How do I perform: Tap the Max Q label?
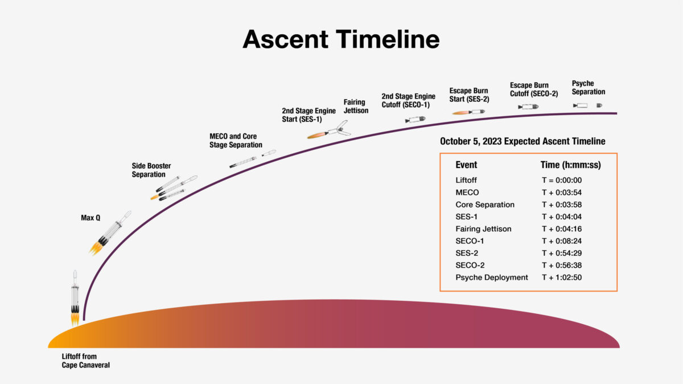pyautogui.click(x=91, y=217)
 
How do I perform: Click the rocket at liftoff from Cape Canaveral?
pyautogui.click(x=75, y=298)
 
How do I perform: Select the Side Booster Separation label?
pyautogui.click(x=151, y=170)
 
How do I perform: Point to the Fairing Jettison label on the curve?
pyautogui.click(x=356, y=107)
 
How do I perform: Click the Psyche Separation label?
pyautogui.click(x=588, y=88)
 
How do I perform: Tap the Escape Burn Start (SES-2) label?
pyautogui.click(x=469, y=95)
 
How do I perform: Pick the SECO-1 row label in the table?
pyautogui.click(x=470, y=241)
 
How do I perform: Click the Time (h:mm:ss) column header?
pyautogui.click(x=570, y=165)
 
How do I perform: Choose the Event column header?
pyautogui.click(x=466, y=165)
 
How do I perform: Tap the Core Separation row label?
pyautogui.click(x=484, y=205)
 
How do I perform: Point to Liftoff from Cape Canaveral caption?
pyautogui.click(x=85, y=361)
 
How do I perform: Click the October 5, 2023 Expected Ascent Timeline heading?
pyautogui.click(x=522, y=141)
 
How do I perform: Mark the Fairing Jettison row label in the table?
pyautogui.click(x=483, y=229)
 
